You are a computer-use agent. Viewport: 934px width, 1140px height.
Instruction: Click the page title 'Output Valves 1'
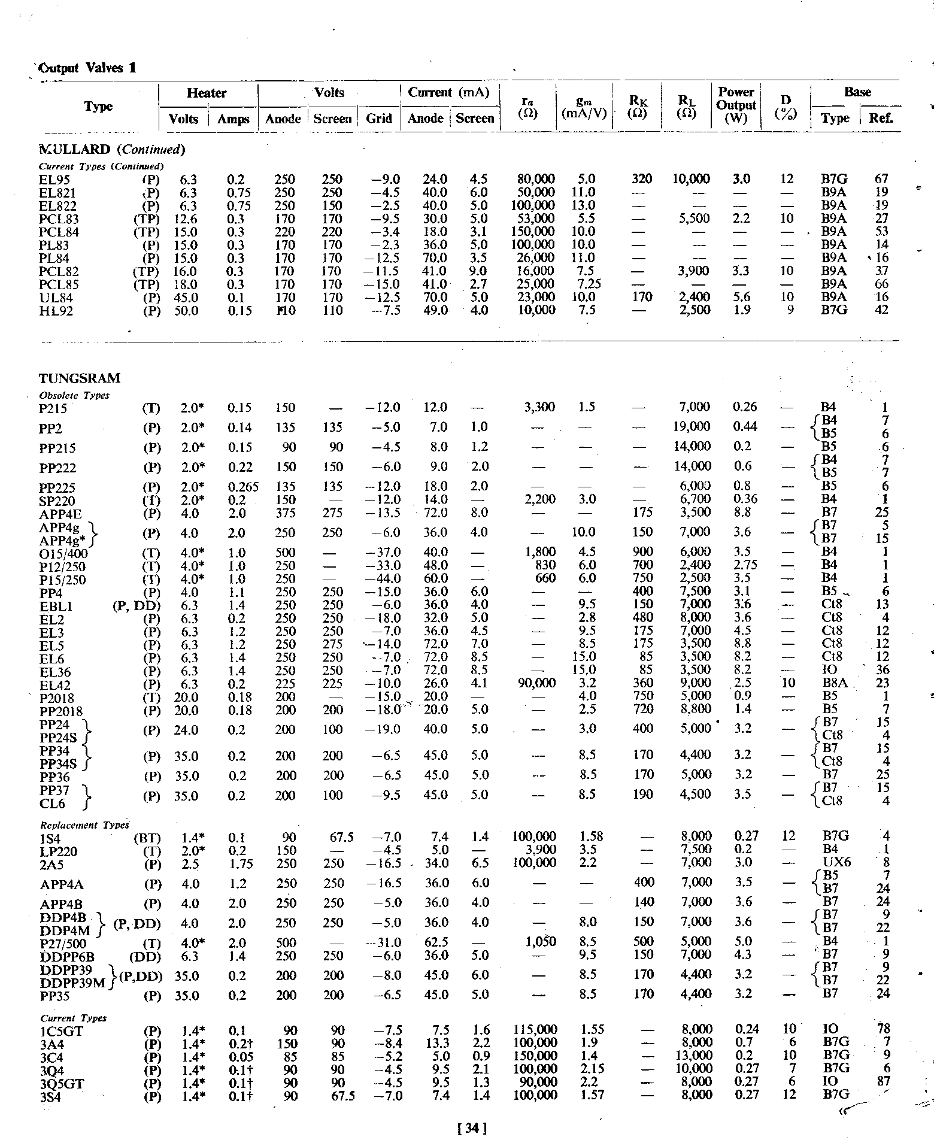87,68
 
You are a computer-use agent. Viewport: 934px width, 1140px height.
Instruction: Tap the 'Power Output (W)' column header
736,105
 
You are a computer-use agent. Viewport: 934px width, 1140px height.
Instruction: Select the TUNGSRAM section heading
80,378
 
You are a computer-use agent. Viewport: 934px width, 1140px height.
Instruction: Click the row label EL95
54,180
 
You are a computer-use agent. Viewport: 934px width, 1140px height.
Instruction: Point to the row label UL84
54,298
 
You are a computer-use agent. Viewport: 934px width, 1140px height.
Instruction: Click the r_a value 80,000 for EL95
536,179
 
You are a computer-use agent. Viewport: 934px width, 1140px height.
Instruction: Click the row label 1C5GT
62,1032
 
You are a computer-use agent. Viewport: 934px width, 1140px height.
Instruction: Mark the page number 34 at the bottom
471,1129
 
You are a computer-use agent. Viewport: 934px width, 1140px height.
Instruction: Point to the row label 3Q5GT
62,1083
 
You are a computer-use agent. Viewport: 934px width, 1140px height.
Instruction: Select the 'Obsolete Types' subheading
74,395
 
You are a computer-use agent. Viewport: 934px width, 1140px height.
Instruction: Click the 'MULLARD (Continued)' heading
112,149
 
